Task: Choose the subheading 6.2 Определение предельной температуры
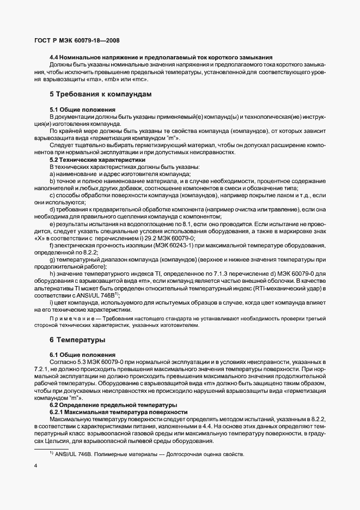pyautogui.click(x=113, y=405)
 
